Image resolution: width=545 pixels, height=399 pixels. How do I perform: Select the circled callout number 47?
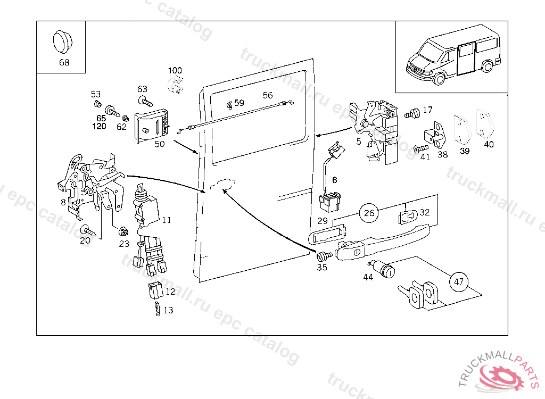[x=458, y=282]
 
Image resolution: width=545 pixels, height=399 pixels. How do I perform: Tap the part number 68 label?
[x=64, y=62]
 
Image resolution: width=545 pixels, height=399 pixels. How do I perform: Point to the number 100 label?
[x=175, y=70]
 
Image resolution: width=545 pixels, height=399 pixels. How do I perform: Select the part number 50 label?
[x=160, y=144]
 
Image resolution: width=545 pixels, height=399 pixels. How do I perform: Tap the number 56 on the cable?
[x=268, y=95]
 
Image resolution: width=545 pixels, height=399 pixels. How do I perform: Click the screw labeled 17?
[x=411, y=113]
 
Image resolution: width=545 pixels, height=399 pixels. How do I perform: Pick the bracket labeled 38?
[x=435, y=135]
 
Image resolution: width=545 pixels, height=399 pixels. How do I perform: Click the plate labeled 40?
[x=485, y=126]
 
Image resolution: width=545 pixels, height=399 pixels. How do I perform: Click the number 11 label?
[x=167, y=220]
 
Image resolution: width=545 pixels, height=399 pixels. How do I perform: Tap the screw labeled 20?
[x=87, y=230]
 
